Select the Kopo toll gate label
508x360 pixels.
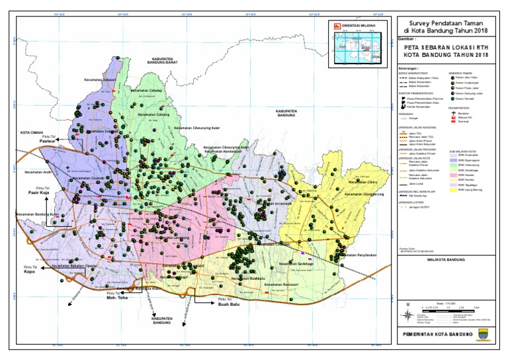(29, 271)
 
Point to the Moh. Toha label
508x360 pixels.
(116, 298)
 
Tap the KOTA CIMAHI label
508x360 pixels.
(32, 131)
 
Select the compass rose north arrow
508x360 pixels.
(407, 305)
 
